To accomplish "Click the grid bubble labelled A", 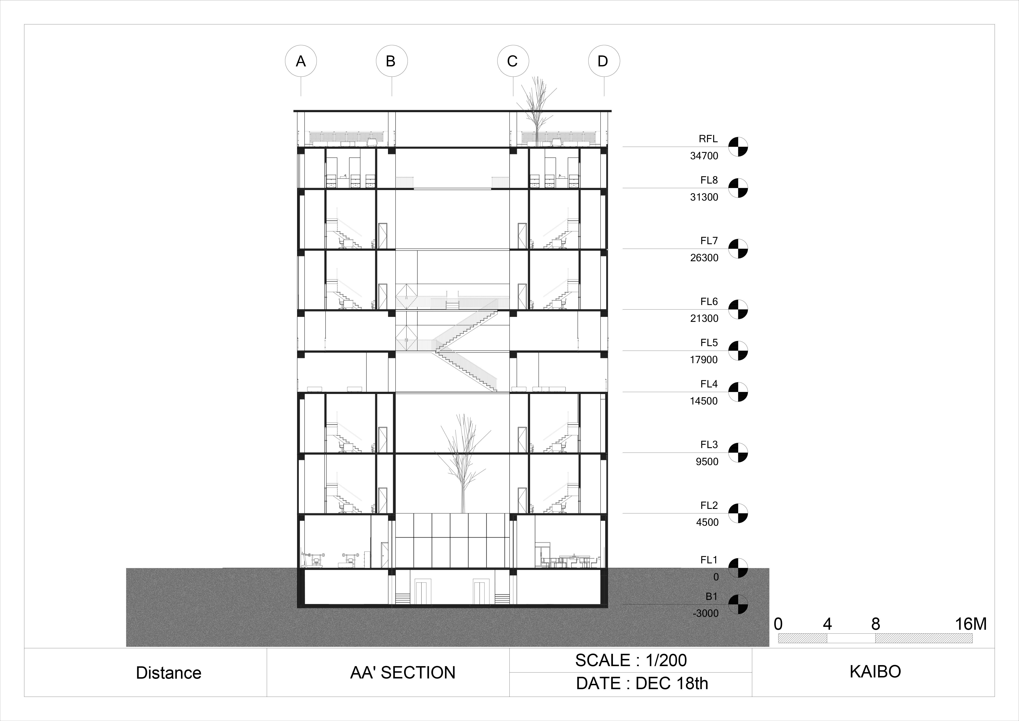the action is pos(301,61).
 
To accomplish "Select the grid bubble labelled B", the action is pos(391,61).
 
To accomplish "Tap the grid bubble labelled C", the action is pos(513,61).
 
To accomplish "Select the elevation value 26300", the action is pos(704,258).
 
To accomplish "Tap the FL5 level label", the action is pos(709,343).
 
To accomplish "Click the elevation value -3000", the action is pos(705,613).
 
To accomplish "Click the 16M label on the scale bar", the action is pos(971,624).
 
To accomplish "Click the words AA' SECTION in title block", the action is pos(403,673).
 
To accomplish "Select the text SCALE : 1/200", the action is pos(631,660).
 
